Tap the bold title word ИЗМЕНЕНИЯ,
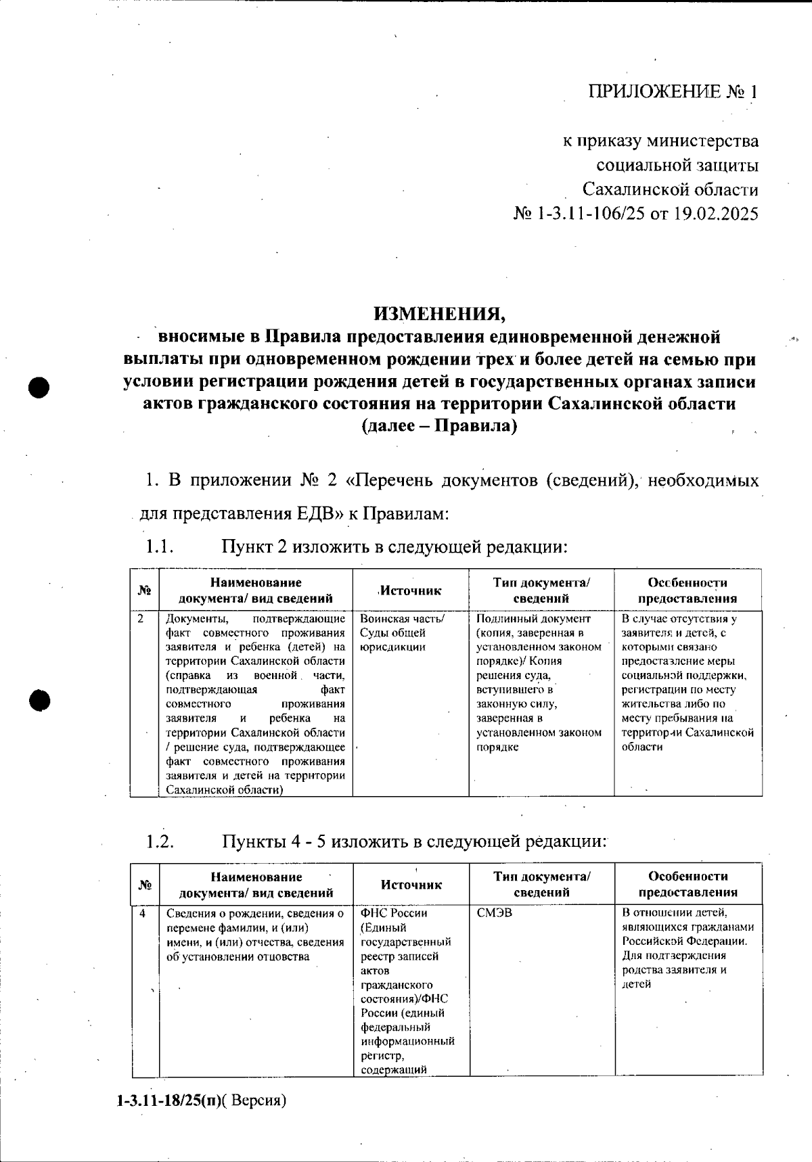coord(441,314)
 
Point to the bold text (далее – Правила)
coord(440,427)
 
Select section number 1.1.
coord(160,547)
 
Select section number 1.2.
coord(160,842)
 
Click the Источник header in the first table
coord(410,590)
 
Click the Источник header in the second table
coord(411,885)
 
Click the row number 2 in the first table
coord(141,619)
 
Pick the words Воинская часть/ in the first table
coord(401,619)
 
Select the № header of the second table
coord(145,885)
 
